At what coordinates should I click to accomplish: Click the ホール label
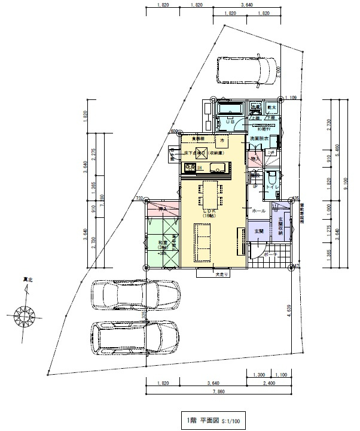click(x=259, y=211)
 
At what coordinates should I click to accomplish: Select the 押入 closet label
click(x=162, y=209)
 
